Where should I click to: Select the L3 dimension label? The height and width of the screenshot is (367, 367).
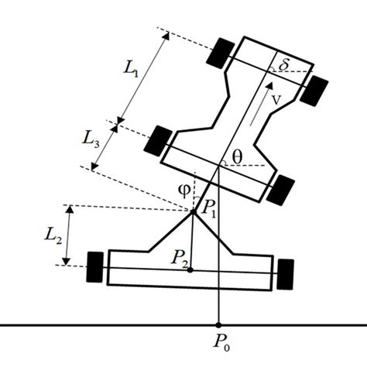click(92, 139)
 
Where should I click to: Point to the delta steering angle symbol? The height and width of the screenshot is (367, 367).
click(284, 65)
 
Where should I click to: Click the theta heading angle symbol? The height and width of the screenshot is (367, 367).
click(237, 156)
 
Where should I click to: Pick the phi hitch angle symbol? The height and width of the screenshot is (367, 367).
click(184, 188)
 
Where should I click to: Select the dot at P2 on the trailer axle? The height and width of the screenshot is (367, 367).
click(190, 269)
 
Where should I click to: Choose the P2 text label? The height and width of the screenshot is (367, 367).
click(179, 257)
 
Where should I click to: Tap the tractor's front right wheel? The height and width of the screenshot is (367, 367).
click(315, 91)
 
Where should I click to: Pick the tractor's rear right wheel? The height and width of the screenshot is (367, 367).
click(284, 188)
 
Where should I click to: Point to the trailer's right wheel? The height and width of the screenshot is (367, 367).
click(286, 272)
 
